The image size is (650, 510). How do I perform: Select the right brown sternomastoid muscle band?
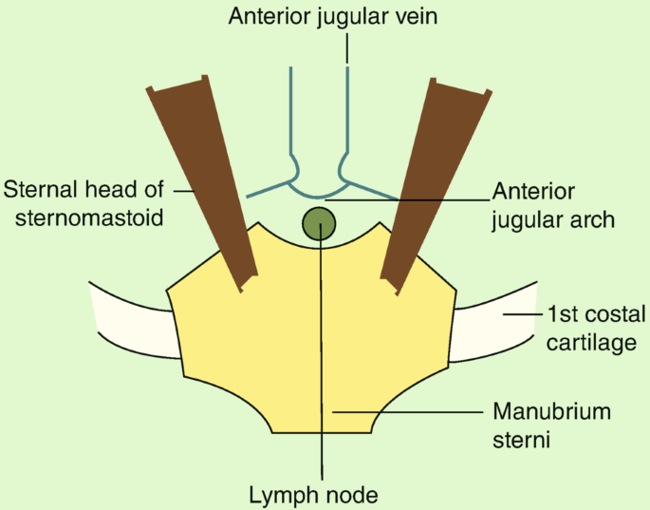[x=431, y=180]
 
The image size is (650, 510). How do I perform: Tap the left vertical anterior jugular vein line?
[x=290, y=114]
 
